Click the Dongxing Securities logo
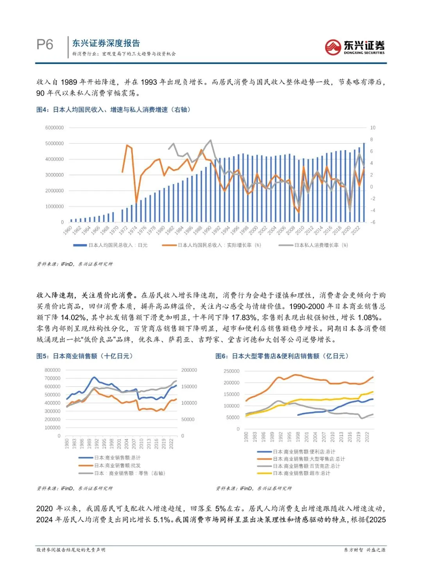click(x=354, y=47)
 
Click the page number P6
click(x=45, y=45)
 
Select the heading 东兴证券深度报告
click(x=106, y=43)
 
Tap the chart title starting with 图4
click(x=113, y=110)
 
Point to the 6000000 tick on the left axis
click(x=54, y=128)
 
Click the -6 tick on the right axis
click(x=373, y=222)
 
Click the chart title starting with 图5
click(x=84, y=356)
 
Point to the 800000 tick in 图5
click(x=52, y=370)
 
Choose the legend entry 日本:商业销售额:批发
click(x=117, y=466)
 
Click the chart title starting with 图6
click(x=282, y=356)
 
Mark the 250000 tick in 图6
click(x=231, y=371)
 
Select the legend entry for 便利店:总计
click(x=304, y=452)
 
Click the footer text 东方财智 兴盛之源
click(x=365, y=550)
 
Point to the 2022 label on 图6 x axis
click(x=367, y=437)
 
